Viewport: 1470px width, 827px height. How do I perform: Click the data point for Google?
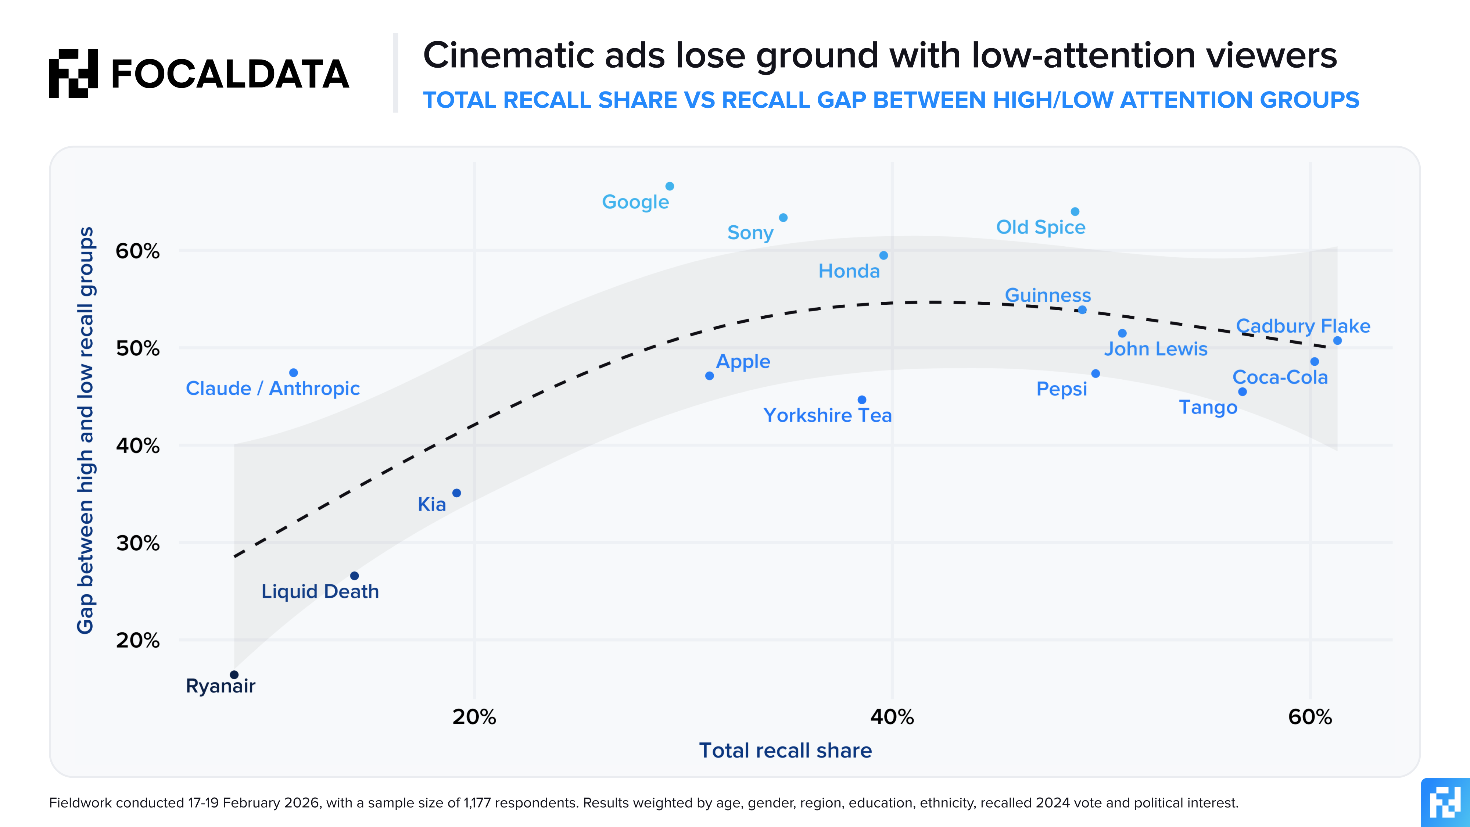pos(670,187)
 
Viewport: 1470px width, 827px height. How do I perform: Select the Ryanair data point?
pos(234,674)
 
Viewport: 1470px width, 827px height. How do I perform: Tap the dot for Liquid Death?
pos(354,576)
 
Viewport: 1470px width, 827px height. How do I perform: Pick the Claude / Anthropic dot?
pos(293,373)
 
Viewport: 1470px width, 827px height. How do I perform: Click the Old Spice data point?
pos(1075,212)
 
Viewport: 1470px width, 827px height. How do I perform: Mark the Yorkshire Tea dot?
pos(862,400)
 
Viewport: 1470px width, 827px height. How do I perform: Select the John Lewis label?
pos(1155,349)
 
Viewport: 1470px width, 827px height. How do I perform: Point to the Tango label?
pos(1208,408)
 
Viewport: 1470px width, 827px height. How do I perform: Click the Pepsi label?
pos(1061,389)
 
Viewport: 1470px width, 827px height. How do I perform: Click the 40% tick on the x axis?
pos(892,717)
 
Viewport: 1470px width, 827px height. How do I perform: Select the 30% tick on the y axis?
pos(137,543)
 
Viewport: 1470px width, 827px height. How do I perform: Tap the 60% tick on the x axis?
pos(1310,717)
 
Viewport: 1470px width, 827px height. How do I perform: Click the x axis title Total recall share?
pos(785,751)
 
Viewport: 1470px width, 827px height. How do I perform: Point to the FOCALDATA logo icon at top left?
pos(73,73)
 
